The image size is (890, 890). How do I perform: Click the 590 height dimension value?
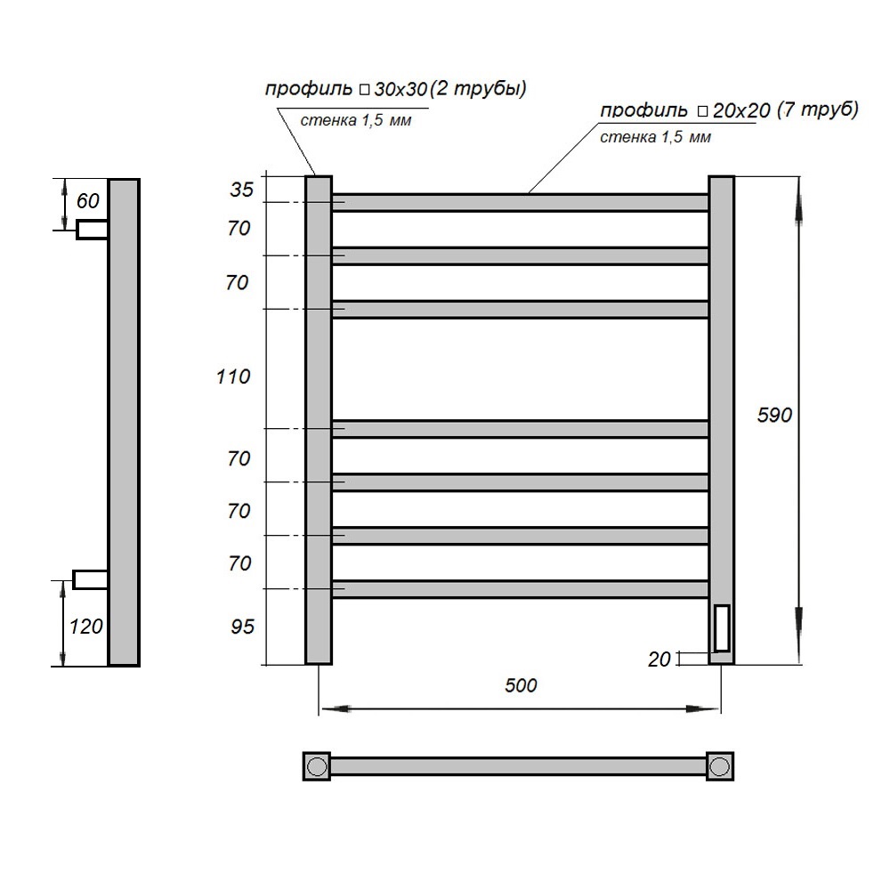(x=773, y=415)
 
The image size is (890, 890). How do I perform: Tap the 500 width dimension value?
(x=521, y=685)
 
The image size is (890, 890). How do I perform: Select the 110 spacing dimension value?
(x=233, y=376)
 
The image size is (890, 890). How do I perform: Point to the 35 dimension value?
(x=242, y=189)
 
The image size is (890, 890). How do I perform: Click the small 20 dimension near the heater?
(x=659, y=659)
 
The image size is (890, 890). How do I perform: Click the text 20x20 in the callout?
(x=740, y=110)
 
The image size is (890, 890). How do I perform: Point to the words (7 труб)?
(x=816, y=109)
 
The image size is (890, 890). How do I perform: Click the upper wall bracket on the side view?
(x=92, y=230)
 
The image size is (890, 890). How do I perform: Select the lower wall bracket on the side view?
(x=90, y=579)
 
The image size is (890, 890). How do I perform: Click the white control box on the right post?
(x=721, y=627)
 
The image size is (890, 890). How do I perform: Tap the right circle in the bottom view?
(x=721, y=765)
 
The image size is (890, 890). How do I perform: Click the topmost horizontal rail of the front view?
(x=521, y=203)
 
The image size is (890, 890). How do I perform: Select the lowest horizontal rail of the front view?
(x=521, y=589)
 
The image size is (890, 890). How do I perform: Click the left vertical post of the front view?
(x=319, y=418)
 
